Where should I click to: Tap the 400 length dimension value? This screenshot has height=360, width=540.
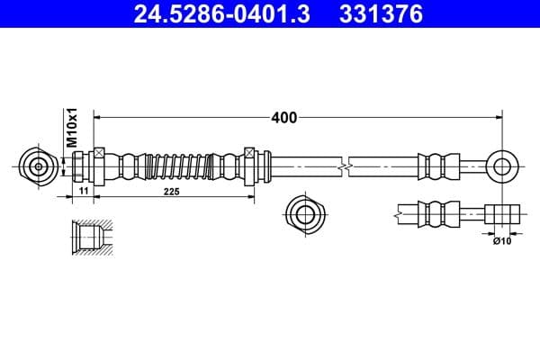coord(283,117)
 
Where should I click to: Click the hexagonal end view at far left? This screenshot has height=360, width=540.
coord(38,166)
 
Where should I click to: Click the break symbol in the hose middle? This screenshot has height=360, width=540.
coord(344,166)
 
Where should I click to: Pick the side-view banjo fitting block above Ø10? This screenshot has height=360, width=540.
coord(502,215)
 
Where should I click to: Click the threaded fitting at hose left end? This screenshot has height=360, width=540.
coord(83,166)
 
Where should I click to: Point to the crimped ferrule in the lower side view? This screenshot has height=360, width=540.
coord(439,215)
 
